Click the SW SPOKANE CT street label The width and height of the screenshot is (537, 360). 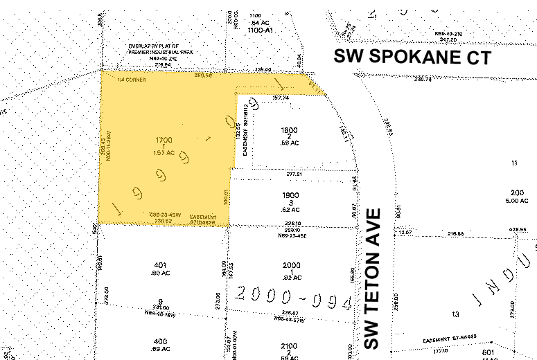[412, 57]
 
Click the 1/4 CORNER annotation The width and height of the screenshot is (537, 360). [132, 80]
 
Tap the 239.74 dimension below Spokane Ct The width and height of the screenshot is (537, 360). [423, 80]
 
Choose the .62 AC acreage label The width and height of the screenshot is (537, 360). [292, 208]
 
